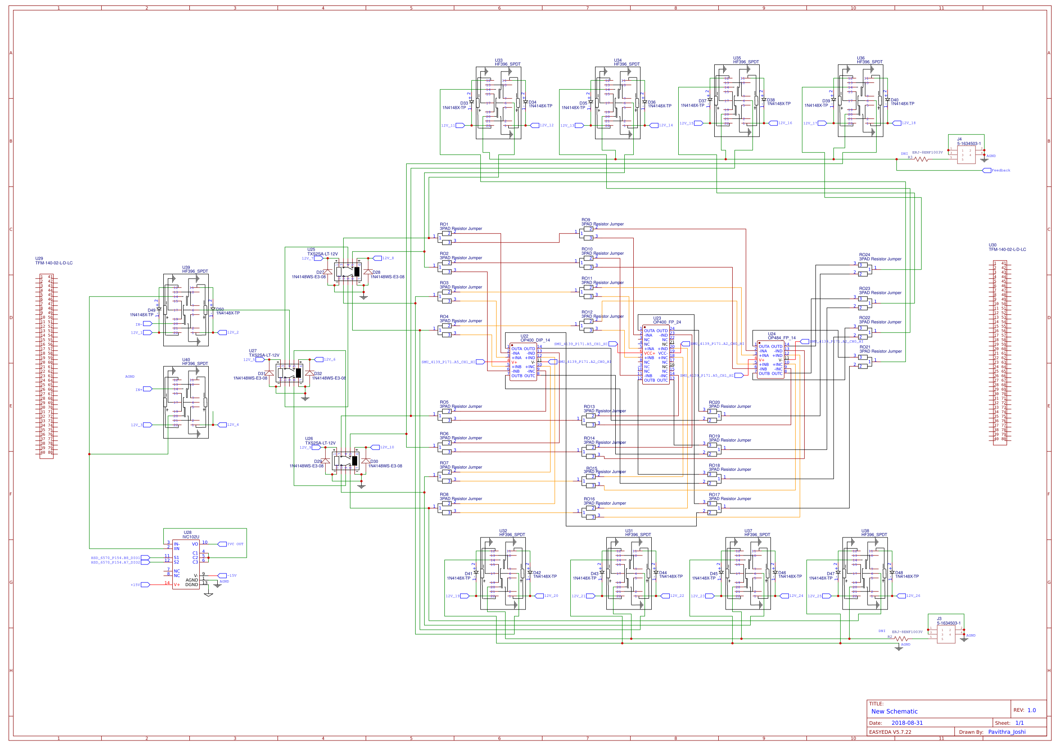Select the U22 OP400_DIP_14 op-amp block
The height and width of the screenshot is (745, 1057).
(524, 362)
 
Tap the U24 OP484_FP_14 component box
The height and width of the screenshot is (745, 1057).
(770, 360)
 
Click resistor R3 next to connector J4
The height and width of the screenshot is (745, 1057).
(921, 159)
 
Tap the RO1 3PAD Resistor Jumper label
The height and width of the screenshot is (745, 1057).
(461, 229)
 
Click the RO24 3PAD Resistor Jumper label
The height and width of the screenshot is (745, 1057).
(880, 259)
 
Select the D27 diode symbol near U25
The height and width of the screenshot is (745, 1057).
(328, 272)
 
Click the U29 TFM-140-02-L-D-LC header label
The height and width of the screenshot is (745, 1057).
(54, 263)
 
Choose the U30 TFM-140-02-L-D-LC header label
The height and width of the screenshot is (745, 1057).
(1007, 249)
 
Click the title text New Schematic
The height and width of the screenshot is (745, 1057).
(894, 711)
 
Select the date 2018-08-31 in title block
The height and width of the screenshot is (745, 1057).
(907, 723)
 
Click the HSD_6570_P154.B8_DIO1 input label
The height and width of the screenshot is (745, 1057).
(115, 557)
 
